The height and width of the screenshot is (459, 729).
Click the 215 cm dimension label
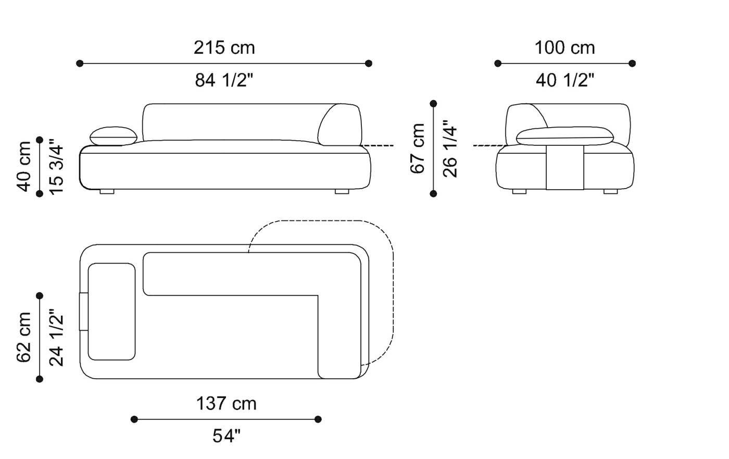(x=224, y=48)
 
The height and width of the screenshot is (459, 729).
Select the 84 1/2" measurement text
(x=224, y=80)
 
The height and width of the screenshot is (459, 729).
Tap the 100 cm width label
(x=564, y=48)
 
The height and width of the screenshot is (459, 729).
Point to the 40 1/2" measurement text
(x=565, y=80)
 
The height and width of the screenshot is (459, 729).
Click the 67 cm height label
(x=418, y=148)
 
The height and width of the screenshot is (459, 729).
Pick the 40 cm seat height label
(x=24, y=166)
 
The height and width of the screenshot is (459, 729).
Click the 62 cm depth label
(x=24, y=337)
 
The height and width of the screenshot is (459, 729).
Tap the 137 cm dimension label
(x=227, y=403)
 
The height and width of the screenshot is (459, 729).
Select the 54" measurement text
(x=227, y=436)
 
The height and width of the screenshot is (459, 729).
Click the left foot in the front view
(x=107, y=192)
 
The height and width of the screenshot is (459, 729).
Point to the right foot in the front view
(x=342, y=192)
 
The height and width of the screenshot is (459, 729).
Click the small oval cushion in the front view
(x=114, y=137)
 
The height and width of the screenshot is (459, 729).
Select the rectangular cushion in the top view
(x=111, y=312)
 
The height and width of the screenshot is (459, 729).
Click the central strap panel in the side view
(x=564, y=168)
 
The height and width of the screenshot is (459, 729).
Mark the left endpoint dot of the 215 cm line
(x=80, y=64)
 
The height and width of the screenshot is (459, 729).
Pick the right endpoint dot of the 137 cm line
(x=318, y=419)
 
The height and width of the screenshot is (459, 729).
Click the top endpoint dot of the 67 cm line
(x=433, y=104)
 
